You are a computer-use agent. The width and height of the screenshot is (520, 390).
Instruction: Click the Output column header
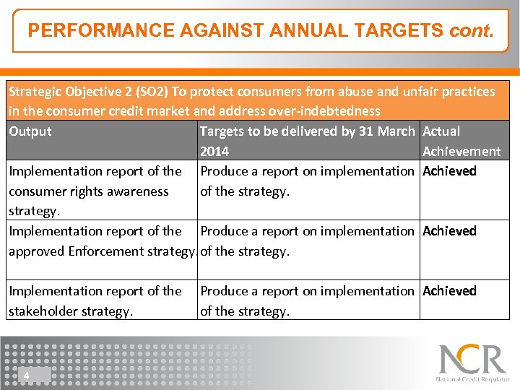point(30,131)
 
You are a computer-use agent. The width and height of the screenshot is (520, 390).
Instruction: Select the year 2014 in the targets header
point(214,152)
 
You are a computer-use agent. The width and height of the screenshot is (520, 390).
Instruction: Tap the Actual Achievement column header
point(461,142)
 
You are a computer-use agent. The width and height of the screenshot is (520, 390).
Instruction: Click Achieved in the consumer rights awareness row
point(449,171)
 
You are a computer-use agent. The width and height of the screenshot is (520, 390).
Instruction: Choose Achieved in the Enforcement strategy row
point(449,231)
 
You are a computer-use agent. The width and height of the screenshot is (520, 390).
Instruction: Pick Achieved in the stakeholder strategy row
point(449,291)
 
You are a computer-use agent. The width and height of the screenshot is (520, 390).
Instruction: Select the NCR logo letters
point(473,360)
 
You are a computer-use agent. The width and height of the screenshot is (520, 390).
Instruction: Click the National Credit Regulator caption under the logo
point(472,379)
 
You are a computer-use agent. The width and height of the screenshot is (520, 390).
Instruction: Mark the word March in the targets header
point(396,131)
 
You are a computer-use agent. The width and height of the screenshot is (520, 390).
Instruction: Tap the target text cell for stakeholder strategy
point(308,301)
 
